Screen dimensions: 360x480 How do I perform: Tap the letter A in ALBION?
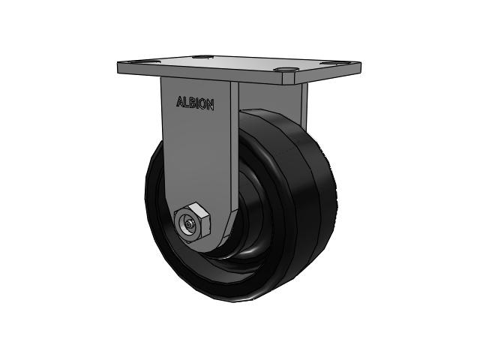tap(179, 103)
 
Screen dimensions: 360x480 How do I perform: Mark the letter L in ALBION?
tap(185, 103)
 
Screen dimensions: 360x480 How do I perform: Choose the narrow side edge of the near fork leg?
tap(234, 150)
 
